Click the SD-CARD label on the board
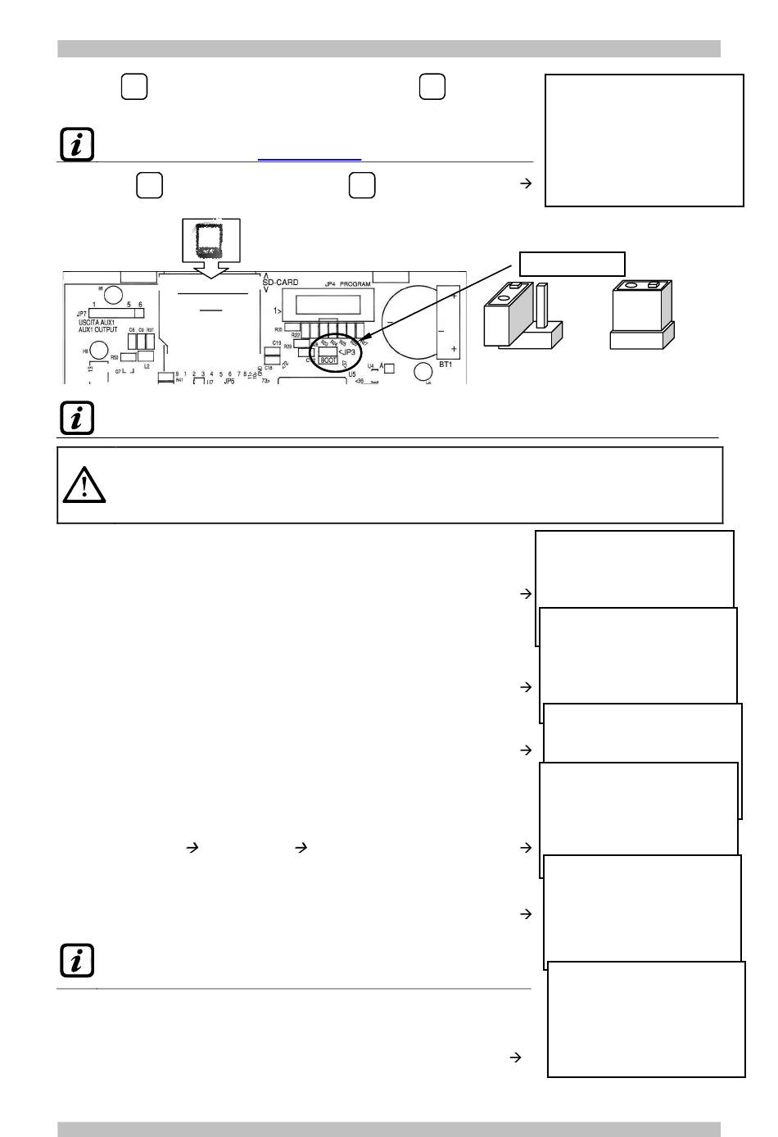click(x=281, y=283)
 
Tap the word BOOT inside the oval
click(x=328, y=360)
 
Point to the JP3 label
click(x=347, y=352)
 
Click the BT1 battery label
click(x=446, y=364)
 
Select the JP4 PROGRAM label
click(x=342, y=284)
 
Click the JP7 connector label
click(x=82, y=314)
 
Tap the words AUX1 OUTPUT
click(x=93, y=329)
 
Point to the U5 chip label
click(x=352, y=374)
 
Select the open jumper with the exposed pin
click(x=522, y=315)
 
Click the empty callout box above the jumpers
click(x=572, y=264)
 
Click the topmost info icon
click(x=77, y=145)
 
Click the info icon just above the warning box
click(x=77, y=418)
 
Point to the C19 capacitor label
click(x=277, y=343)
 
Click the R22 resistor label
click(x=296, y=334)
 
